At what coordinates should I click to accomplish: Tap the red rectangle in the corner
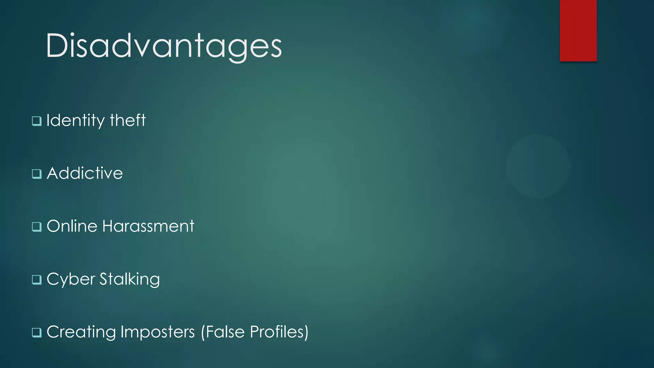coord(578,30)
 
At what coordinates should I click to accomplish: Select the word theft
coord(128,120)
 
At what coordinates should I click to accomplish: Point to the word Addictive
coord(85,173)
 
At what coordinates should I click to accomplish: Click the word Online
coord(72,226)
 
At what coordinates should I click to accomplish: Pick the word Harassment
coord(148,226)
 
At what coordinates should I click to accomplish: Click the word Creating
coord(81,332)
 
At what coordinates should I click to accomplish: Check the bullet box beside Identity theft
coord(37,121)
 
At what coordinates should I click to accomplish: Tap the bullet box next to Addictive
coord(37,174)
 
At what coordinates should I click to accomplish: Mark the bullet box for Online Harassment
coord(37,227)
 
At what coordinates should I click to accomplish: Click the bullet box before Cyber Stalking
coord(37,280)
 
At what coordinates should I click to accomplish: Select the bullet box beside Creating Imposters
coord(37,333)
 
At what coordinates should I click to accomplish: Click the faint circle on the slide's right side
coord(538,166)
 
